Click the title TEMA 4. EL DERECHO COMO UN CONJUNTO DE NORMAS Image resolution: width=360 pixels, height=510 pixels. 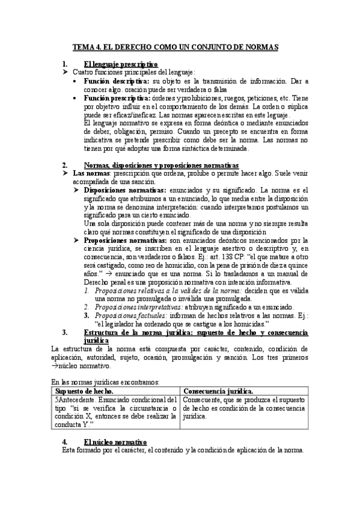(180, 46)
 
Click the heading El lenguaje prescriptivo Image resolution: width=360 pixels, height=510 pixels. (121, 64)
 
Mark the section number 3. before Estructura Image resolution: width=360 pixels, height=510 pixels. (65, 331)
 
